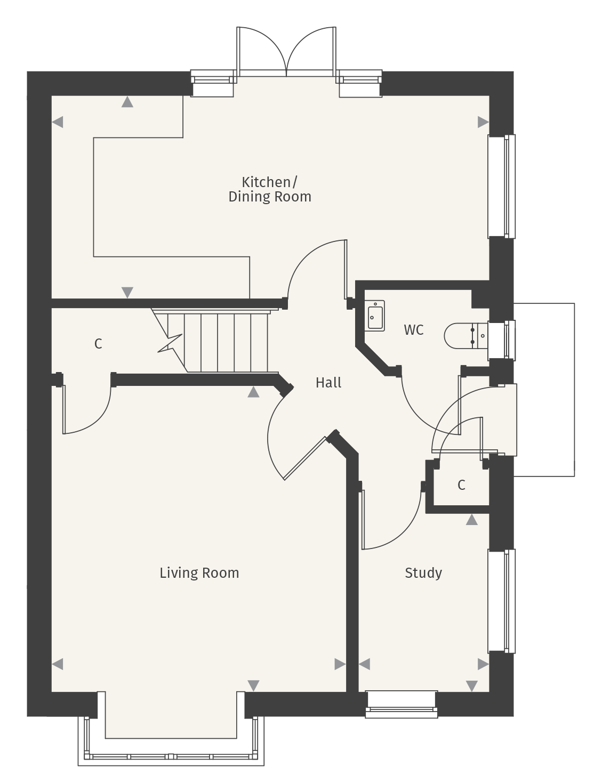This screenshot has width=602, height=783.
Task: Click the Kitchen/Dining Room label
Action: click(270, 189)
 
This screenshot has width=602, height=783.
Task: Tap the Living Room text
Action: click(199, 573)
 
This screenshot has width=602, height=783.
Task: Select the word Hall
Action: click(328, 382)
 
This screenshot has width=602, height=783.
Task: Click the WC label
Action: click(413, 330)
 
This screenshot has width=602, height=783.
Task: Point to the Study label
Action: click(423, 573)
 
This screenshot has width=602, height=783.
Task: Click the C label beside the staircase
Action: click(98, 344)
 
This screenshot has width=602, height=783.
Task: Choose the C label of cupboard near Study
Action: click(461, 485)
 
